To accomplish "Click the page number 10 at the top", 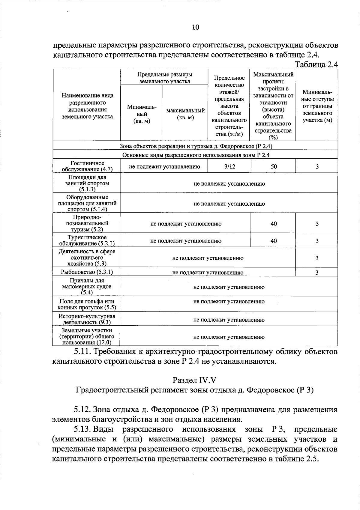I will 195,28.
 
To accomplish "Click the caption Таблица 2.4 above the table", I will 316,64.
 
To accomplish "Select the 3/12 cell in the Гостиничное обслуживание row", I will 229,166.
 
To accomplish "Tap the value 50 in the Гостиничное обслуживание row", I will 274,166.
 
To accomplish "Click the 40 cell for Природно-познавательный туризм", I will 274,224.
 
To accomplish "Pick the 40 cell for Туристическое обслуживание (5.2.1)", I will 274,241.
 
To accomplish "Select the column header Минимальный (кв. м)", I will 141,114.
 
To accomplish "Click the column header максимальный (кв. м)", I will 185,114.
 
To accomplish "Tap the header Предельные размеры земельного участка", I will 164,78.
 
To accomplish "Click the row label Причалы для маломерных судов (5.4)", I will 87,286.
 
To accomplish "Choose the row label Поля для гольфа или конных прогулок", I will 87,304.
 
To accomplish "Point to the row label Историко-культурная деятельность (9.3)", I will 87,319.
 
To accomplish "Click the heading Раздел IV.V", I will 194,380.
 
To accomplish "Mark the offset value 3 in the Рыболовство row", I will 317,272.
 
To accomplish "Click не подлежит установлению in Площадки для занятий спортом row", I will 229,184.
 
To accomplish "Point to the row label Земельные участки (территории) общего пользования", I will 87,336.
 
